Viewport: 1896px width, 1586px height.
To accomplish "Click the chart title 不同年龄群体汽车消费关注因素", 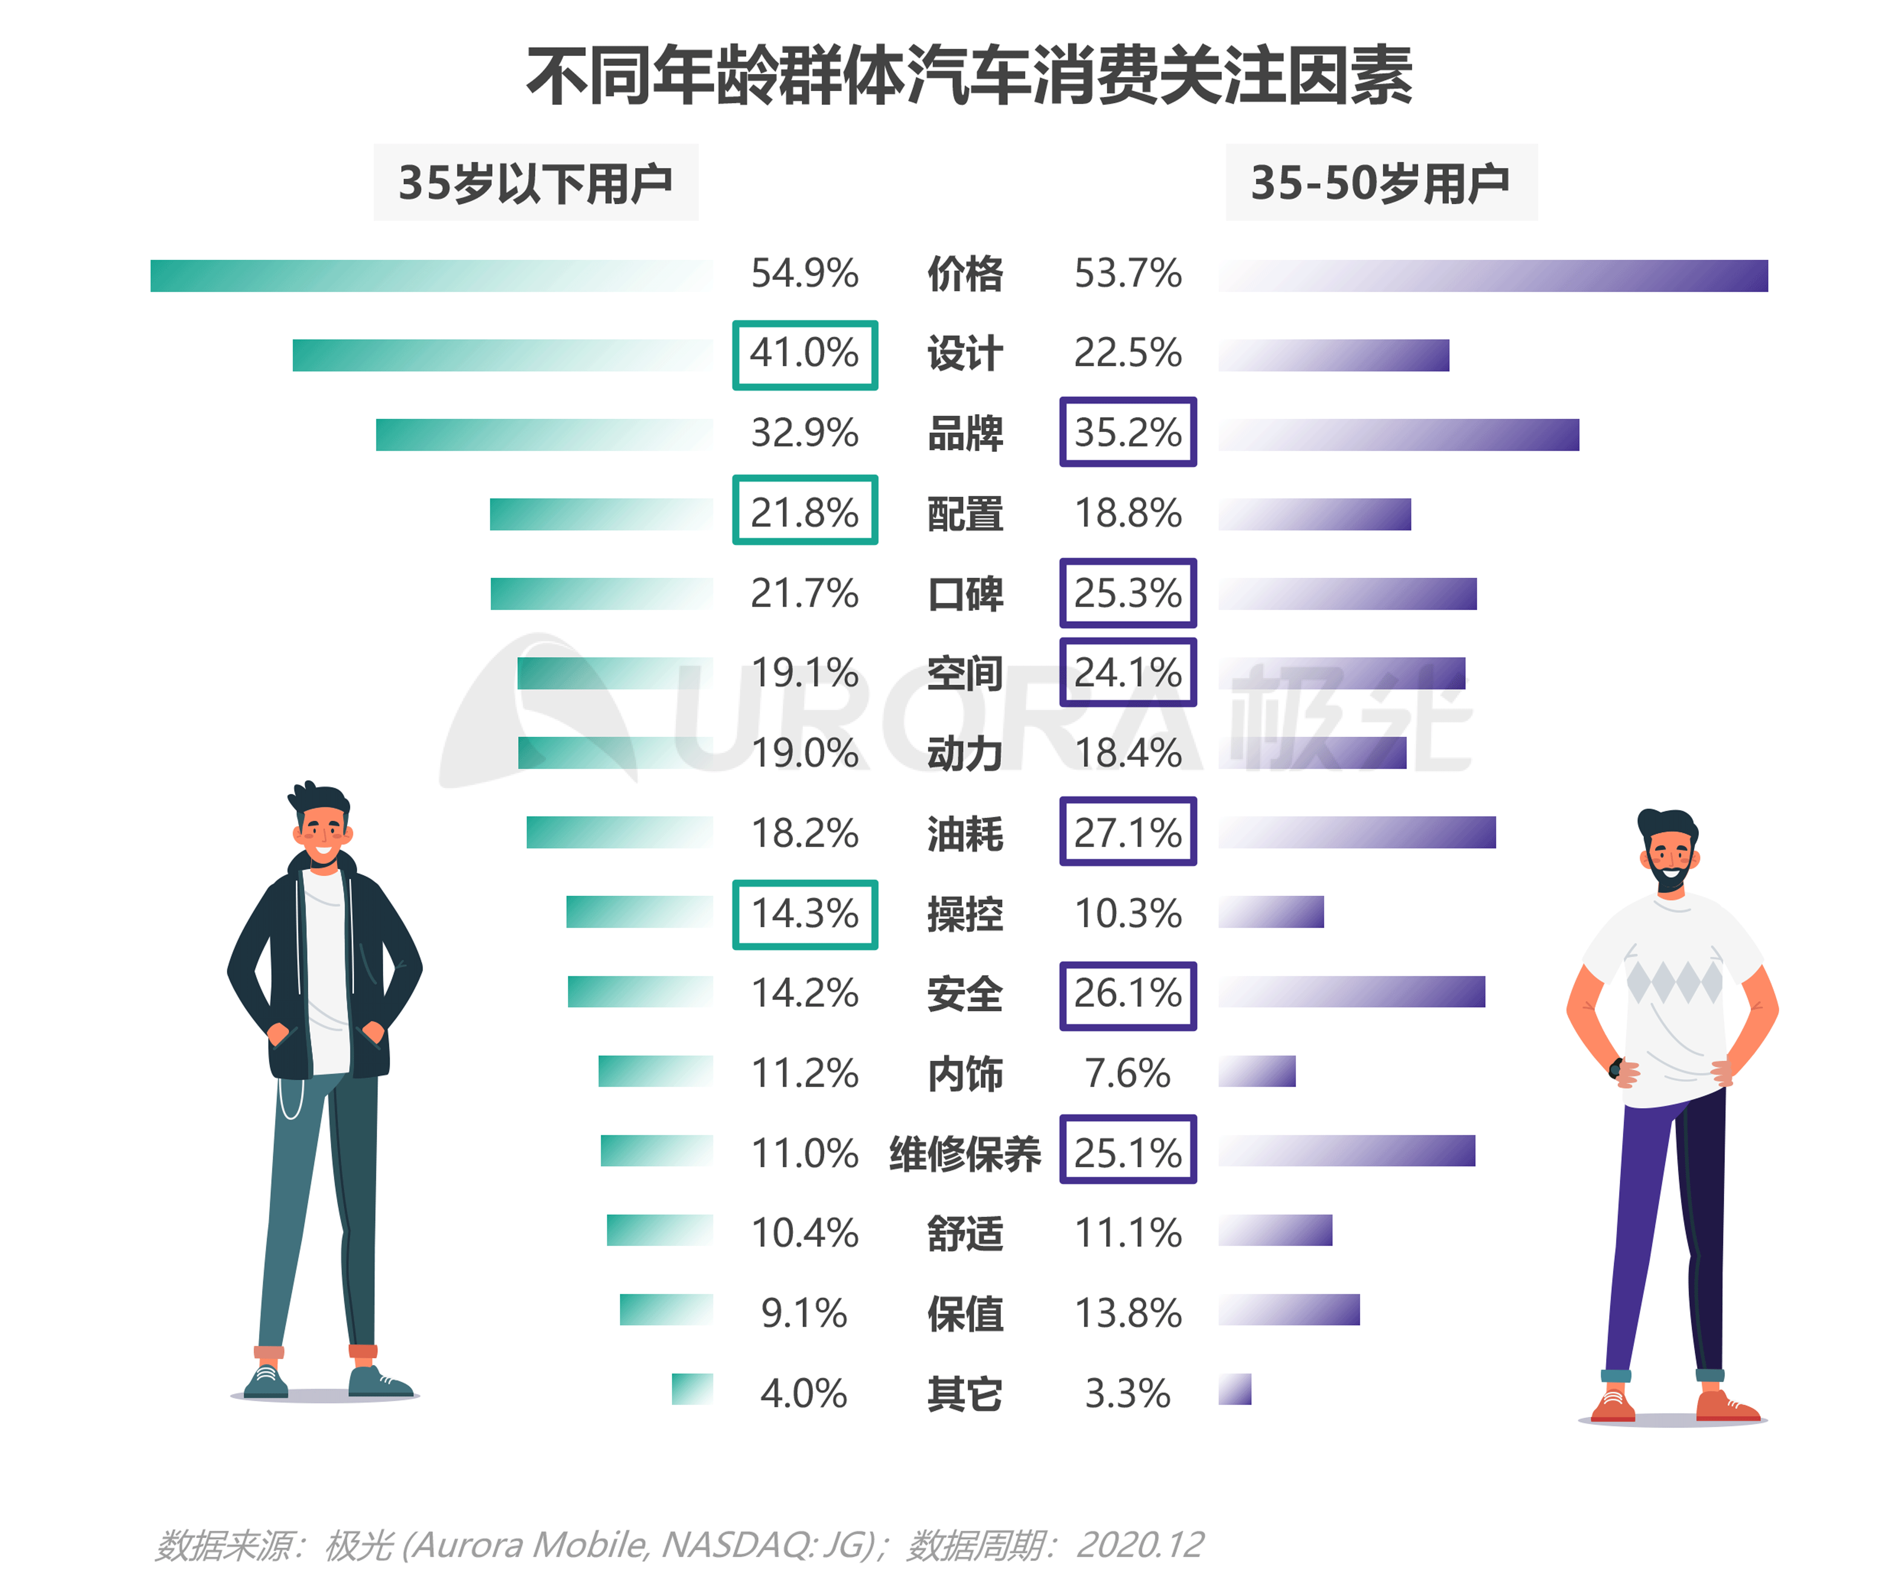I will point(969,77).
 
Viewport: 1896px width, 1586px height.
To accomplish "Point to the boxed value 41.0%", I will point(804,355).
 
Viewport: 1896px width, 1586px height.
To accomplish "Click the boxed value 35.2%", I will point(1128,433).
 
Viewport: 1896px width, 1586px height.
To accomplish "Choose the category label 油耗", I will point(965,832).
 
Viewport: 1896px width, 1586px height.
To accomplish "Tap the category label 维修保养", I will point(965,1153).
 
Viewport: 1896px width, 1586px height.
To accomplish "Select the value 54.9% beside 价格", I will point(804,274).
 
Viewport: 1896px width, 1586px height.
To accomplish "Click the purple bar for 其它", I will point(1234,1389).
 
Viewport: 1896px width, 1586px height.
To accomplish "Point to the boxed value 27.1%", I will point(1128,831).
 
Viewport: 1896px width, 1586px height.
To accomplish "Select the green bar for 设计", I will point(502,355).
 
